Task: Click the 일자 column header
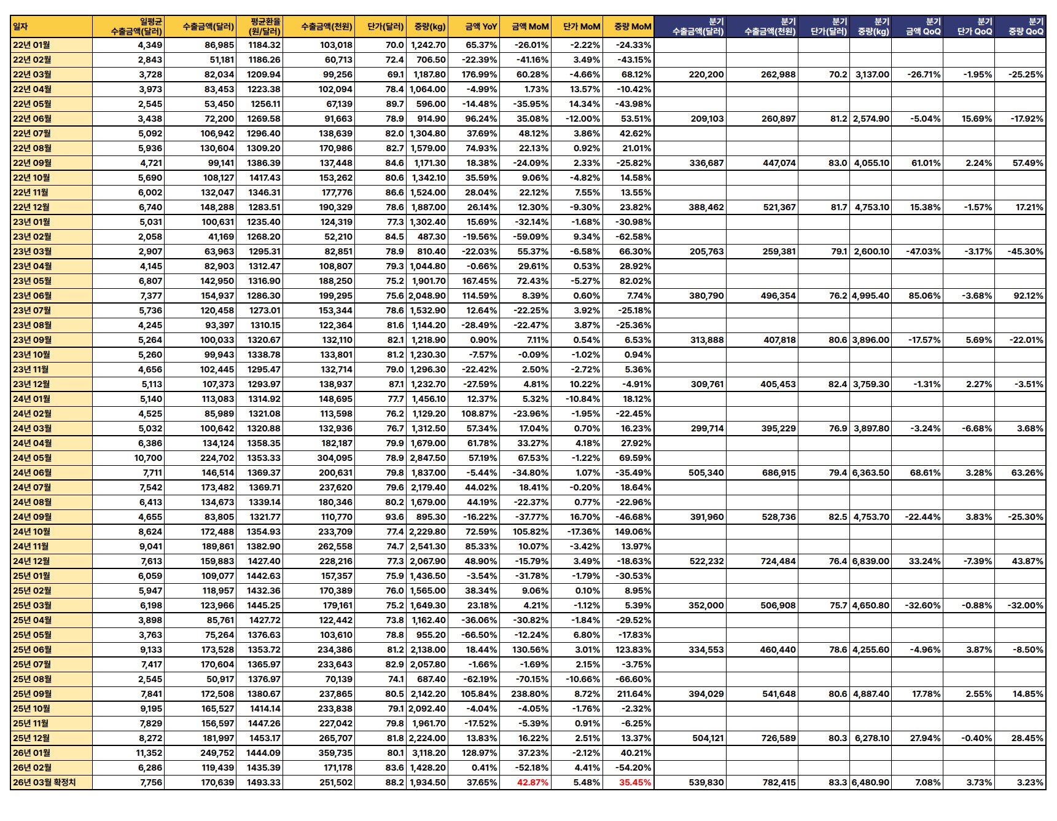tap(21, 26)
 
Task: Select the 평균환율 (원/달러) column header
tap(265, 26)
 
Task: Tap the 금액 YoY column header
tap(481, 26)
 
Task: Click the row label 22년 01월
tap(32, 45)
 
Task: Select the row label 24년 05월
tap(32, 458)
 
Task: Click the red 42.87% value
tap(532, 782)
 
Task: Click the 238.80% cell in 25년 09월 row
tap(529, 694)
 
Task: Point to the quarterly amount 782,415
tap(778, 782)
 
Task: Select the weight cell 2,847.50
tap(429, 458)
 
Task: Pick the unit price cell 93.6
tap(395, 517)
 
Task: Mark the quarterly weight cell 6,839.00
tap(871, 561)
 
